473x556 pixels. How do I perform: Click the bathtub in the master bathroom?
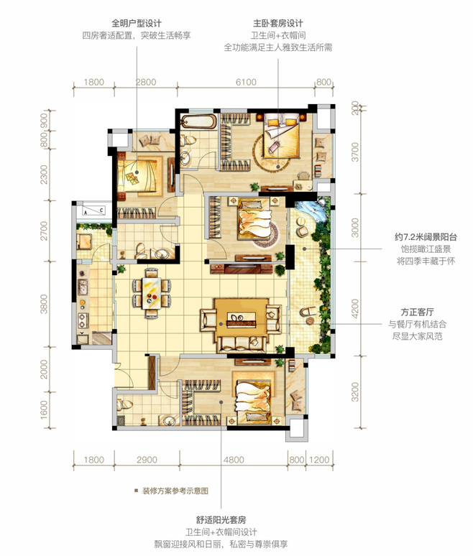coord(198,122)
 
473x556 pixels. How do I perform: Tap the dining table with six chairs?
coord(152,293)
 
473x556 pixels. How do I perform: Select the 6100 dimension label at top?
coord(246,83)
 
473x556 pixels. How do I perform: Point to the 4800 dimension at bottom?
coord(234,460)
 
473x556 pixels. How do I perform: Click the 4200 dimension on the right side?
coord(355,308)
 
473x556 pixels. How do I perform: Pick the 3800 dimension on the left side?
coord(44,304)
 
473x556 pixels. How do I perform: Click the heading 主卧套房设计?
coord(278,24)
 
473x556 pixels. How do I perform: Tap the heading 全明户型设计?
coord(137,24)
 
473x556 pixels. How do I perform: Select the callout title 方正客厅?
coord(418,312)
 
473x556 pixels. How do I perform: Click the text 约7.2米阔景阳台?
coord(426,237)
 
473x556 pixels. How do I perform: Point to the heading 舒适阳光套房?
coord(221,520)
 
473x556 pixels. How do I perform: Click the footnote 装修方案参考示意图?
coord(175,491)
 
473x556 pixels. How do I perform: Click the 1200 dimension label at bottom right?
coord(319,460)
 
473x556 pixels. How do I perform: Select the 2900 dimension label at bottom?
coord(147,460)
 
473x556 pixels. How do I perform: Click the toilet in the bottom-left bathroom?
coord(126,404)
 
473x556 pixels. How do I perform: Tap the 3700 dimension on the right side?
coord(355,152)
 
